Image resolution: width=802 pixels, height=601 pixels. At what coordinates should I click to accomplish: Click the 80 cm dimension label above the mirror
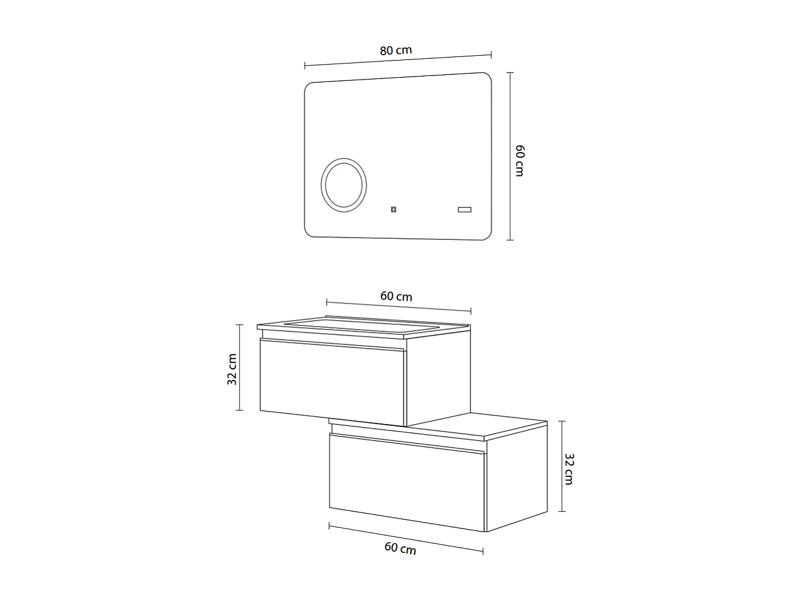coord(396,50)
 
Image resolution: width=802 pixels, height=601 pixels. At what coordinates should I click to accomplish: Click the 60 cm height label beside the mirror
coord(519,160)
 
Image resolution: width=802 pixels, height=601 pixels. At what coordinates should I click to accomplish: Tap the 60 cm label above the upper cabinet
coord(396,296)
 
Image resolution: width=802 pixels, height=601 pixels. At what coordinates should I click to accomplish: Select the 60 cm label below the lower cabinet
coord(400,548)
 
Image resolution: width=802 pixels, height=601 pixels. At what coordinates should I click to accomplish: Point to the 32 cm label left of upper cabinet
coord(232,369)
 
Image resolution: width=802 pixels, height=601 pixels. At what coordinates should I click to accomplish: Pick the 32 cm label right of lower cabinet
coord(569,469)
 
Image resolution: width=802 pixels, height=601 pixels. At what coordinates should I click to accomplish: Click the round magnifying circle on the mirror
coord(344,183)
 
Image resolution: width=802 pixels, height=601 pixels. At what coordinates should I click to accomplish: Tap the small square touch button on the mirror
coord(393,209)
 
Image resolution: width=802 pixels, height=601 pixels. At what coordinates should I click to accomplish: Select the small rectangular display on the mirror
coord(463,209)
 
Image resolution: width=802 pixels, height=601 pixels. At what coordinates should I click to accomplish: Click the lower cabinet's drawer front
coord(407,482)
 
